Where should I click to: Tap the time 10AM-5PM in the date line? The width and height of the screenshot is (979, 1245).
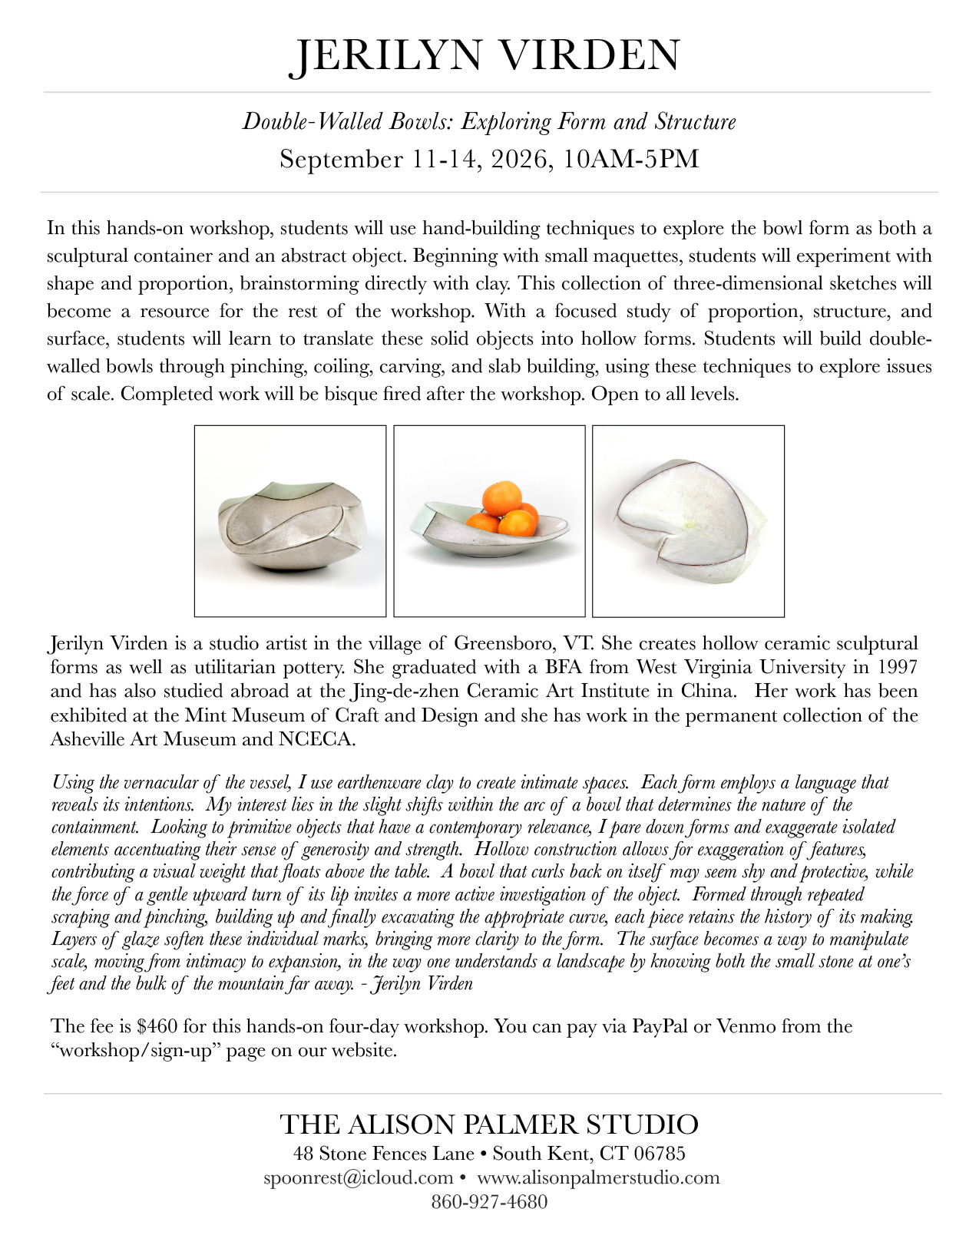point(630,159)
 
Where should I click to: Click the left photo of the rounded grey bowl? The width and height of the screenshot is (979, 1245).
point(290,521)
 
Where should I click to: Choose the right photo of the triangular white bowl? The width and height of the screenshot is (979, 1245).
point(688,521)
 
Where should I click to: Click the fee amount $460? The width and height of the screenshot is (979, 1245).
point(157,1026)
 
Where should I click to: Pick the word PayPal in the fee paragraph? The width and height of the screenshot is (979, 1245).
point(660,1026)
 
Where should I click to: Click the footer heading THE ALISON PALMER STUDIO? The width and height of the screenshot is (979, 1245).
point(489,1124)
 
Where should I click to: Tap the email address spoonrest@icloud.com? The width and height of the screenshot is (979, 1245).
point(358,1177)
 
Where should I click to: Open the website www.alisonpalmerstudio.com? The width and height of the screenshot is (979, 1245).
point(598,1177)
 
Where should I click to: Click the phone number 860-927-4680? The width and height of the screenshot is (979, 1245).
point(489,1201)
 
